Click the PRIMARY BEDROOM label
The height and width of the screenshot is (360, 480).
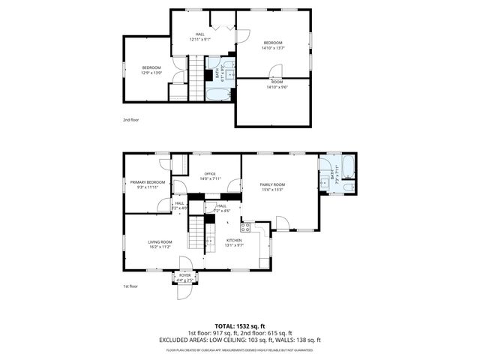147,182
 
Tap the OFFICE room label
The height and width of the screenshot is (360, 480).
210,174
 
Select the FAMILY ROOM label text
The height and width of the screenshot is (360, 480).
273,184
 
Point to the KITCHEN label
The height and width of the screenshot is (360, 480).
235,240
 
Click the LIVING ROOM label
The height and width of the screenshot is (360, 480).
160,241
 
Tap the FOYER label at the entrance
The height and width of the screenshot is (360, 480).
184,275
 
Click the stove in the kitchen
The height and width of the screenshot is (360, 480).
245,226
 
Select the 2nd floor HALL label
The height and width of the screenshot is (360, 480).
200,34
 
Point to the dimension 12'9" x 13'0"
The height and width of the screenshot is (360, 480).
152,73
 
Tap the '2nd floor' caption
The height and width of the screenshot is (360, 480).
131,119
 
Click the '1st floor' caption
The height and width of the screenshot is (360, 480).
130,286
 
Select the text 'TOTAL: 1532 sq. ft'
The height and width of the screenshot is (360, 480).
239,325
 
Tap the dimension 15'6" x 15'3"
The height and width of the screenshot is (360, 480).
273,189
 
